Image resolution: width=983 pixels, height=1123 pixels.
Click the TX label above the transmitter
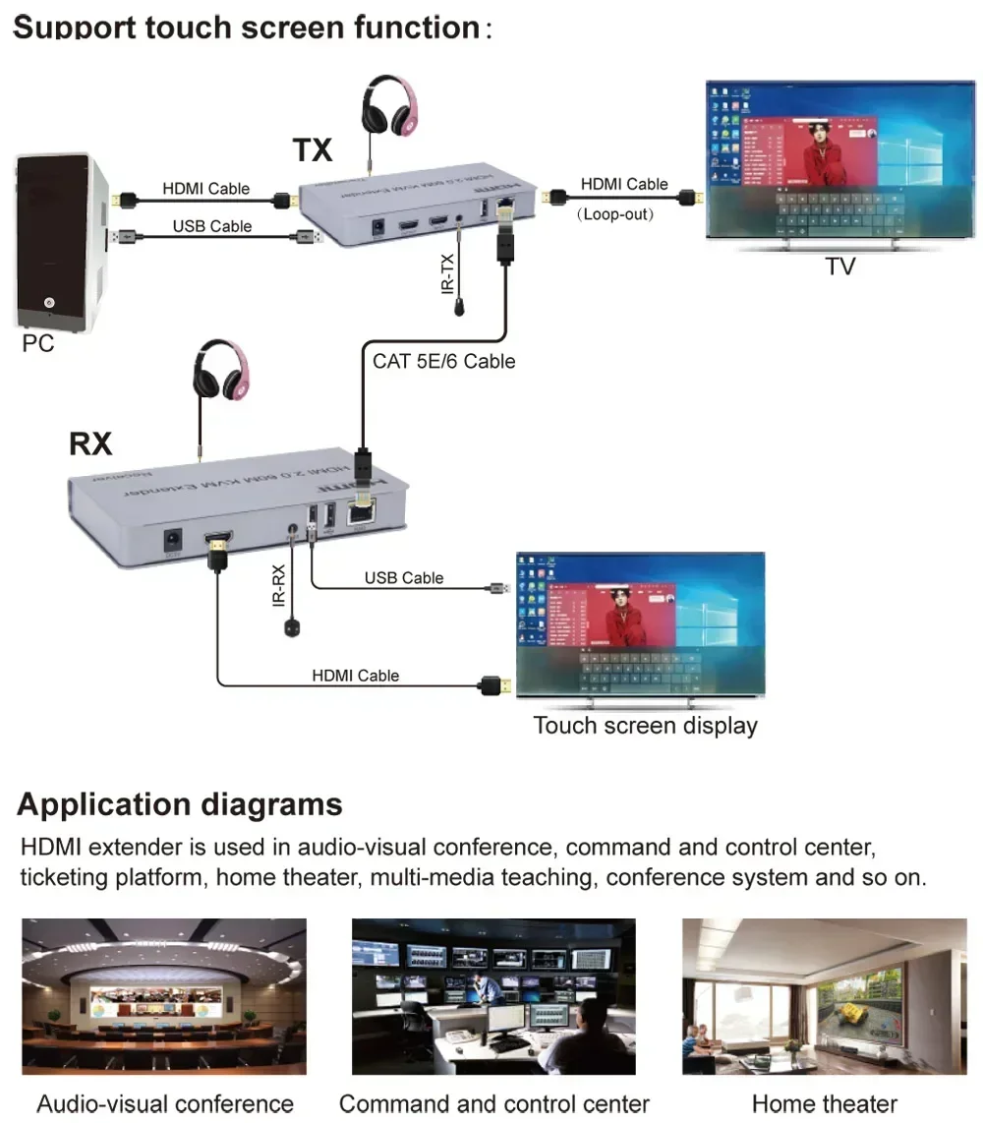click(313, 149)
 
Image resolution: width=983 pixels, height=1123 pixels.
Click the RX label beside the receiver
click(90, 443)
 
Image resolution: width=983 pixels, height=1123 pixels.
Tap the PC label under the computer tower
click(37, 343)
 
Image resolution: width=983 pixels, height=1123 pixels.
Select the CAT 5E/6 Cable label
click(443, 361)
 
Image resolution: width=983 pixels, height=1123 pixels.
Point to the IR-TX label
click(448, 271)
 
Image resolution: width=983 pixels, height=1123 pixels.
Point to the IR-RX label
click(278, 583)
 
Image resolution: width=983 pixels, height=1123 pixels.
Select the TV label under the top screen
click(839, 266)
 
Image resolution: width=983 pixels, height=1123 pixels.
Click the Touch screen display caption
click(645, 726)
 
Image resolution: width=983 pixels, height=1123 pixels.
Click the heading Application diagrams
click(180, 804)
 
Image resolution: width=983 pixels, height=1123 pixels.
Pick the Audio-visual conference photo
click(164, 996)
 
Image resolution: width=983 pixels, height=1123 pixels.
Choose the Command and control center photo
click(493, 996)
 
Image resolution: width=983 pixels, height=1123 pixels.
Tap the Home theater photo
click(824, 996)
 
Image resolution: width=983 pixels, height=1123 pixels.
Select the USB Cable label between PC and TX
click(212, 226)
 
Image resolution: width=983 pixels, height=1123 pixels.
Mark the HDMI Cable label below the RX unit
click(356, 676)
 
